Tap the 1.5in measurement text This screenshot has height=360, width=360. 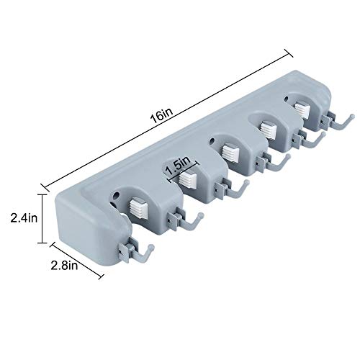(178, 166)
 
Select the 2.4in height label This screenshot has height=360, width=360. (24, 218)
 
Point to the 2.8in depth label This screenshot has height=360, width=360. (64, 266)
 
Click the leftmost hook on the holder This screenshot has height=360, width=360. (136, 251)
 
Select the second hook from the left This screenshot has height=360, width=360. (186, 220)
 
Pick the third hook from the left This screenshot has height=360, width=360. (233, 189)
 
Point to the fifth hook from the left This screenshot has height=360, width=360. (310, 139)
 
